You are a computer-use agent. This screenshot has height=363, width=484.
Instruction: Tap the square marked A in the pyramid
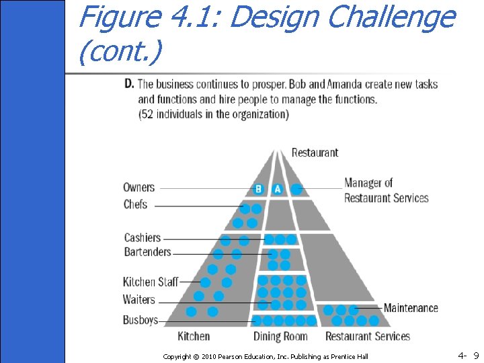tap(277, 190)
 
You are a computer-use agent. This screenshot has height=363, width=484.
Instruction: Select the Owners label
tap(139, 188)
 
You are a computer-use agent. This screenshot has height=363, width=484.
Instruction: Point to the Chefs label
tap(135, 204)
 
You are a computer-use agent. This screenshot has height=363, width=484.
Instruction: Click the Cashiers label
tap(143, 237)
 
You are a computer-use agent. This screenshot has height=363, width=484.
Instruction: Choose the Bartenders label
tap(147, 252)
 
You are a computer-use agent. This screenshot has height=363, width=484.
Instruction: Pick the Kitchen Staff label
tap(151, 282)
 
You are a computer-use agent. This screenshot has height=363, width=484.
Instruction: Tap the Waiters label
tap(139, 300)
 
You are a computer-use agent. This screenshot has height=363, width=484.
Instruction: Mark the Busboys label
tap(140, 320)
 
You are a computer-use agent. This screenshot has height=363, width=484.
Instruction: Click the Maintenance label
tap(411, 308)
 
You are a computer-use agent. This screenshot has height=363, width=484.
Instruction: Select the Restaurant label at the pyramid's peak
tap(315, 152)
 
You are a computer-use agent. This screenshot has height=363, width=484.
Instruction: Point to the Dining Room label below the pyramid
tap(280, 336)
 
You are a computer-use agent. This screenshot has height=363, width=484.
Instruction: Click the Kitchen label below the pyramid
tap(194, 336)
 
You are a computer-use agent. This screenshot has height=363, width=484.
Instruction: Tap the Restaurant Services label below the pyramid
tap(368, 336)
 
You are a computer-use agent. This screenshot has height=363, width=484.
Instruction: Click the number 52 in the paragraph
tap(149, 114)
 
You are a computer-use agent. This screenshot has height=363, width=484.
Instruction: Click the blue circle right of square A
tap(296, 189)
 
